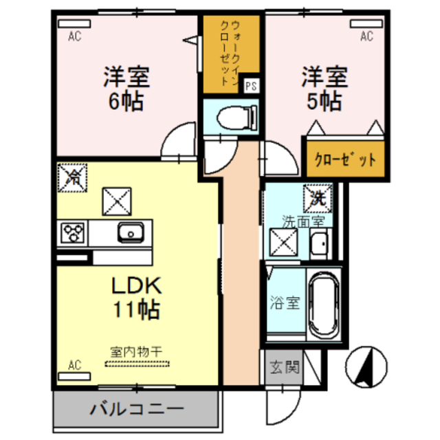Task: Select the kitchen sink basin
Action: pyautogui.click(x=129, y=233)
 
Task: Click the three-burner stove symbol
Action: pyautogui.click(x=71, y=233)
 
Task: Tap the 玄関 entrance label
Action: pyautogui.click(x=283, y=367)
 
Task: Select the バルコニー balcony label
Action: pyautogui.click(x=136, y=411)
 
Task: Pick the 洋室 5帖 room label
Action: pyautogui.click(x=323, y=87)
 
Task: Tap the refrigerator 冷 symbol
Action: pyautogui.click(x=71, y=177)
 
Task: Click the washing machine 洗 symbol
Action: pyautogui.click(x=317, y=198)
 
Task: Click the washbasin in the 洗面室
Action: pyautogui.click(x=318, y=244)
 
